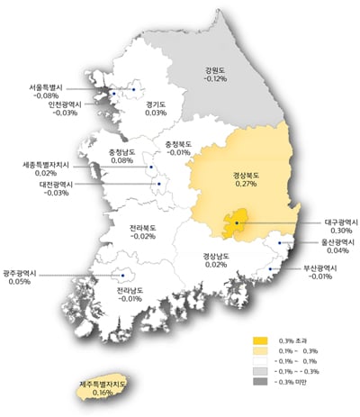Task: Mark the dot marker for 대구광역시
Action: pos(236,222)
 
